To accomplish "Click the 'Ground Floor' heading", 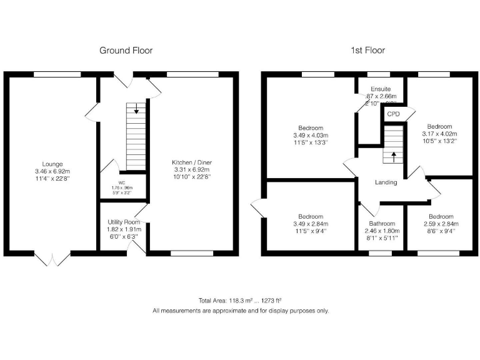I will [126, 50].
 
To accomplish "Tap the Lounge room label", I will [53, 164].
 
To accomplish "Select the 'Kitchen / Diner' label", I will [192, 162].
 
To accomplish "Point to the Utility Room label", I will [123, 222].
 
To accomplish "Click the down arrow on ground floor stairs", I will [136, 111].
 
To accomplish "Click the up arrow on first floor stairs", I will [393, 156].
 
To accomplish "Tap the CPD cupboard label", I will [394, 114].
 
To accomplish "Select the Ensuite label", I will [381, 89].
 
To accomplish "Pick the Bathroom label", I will [381, 224].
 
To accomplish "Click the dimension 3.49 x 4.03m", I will [311, 135].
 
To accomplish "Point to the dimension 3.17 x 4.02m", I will [440, 134].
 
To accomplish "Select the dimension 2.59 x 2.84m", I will [441, 224].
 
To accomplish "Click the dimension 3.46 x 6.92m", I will [53, 171].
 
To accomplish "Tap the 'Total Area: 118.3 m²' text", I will [224, 301].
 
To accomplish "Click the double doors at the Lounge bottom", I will [53, 258].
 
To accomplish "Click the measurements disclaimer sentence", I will [241, 311].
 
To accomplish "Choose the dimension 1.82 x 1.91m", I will [123, 229].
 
